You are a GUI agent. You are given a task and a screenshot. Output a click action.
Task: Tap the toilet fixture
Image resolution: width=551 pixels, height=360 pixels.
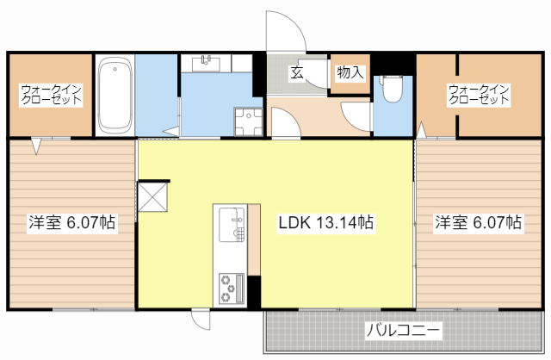pyautogui.click(x=392, y=89)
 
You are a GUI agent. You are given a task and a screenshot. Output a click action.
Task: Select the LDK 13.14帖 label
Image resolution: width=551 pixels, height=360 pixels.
pyautogui.click(x=325, y=222)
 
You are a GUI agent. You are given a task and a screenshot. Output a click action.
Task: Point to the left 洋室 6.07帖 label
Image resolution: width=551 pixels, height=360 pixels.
pyautogui.click(x=72, y=222)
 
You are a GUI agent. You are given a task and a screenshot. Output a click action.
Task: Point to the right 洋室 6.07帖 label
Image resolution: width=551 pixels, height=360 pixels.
pyautogui.click(x=478, y=222)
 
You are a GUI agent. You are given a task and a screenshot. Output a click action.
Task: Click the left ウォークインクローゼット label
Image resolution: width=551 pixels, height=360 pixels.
pyautogui.click(x=51, y=94)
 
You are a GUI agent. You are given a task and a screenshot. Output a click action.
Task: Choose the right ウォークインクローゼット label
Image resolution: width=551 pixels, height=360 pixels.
pyautogui.click(x=478, y=94)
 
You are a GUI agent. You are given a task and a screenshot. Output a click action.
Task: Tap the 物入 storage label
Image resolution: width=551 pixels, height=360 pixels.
pyautogui.click(x=350, y=72)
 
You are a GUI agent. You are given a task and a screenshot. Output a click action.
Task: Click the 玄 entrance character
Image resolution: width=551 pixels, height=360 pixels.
pyautogui.click(x=296, y=72)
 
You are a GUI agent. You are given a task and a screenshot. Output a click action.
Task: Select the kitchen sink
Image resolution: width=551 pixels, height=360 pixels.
pyautogui.click(x=231, y=227)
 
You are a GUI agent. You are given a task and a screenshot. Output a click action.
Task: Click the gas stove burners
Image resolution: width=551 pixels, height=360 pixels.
pyautogui.click(x=230, y=288)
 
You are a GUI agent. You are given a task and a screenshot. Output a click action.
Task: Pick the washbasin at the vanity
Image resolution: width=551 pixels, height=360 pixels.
pyautogui.click(x=207, y=62)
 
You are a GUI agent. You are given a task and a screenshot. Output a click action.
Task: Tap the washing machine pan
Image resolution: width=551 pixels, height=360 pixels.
pyautogui.click(x=249, y=121)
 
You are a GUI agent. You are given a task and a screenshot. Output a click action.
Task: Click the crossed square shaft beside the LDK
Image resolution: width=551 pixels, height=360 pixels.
pyautogui.click(x=154, y=196)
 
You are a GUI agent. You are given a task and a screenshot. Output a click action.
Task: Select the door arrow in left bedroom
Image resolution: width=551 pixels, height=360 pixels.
pyautogui.click(x=36, y=147)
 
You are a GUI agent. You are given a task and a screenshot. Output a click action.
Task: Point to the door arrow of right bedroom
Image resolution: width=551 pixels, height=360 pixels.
pyautogui.click(x=422, y=129)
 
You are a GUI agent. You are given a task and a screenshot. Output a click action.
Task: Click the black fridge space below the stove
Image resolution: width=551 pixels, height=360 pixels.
pyautogui.click(x=253, y=291)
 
